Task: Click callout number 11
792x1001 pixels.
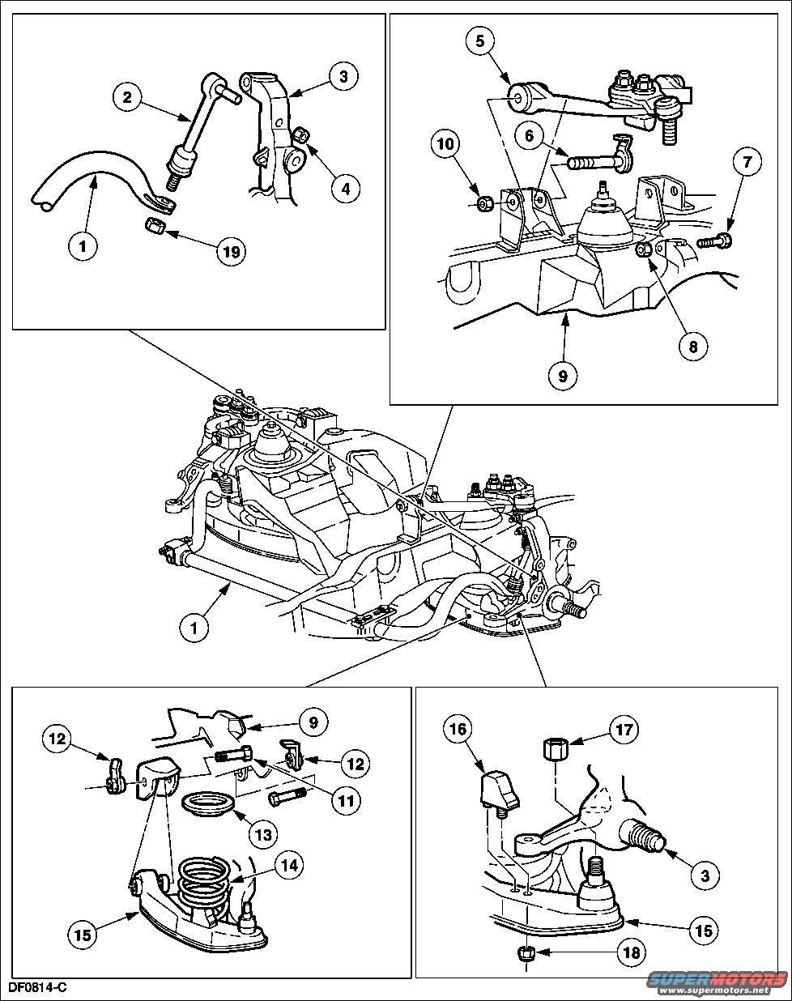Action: pyautogui.click(x=346, y=803)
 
